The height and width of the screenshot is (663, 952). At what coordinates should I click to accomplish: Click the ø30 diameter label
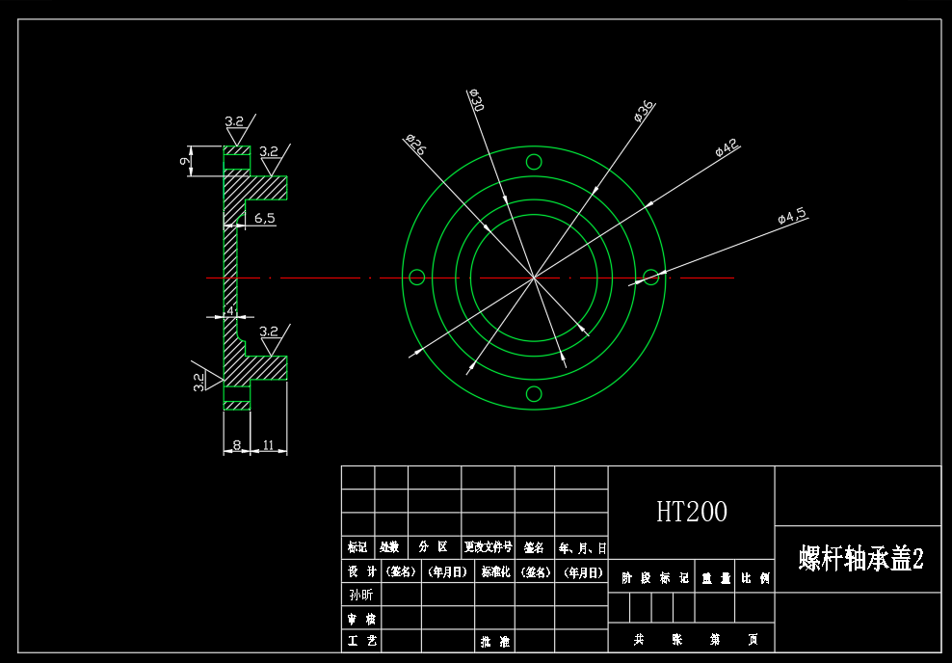[x=475, y=99]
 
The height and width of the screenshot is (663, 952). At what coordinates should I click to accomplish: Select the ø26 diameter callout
[x=416, y=146]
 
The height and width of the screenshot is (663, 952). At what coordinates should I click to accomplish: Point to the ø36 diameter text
[x=644, y=112]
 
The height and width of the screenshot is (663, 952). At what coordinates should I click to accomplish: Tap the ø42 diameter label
[x=727, y=147]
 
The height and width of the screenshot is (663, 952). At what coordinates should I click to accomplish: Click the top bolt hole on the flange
[x=534, y=162]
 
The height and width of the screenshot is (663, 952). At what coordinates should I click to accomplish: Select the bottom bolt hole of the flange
[x=534, y=393]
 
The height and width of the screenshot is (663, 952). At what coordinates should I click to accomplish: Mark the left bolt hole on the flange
[x=417, y=278]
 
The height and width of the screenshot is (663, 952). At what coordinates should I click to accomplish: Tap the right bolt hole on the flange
[x=651, y=278]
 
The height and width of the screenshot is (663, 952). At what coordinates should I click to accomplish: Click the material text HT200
[x=691, y=512]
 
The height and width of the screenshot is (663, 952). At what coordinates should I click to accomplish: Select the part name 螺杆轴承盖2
[x=859, y=559]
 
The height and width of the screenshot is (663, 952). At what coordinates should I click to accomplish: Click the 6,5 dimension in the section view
[x=264, y=219]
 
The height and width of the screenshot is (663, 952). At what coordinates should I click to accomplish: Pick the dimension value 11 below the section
[x=269, y=445]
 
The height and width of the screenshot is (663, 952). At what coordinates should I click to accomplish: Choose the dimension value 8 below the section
[x=236, y=445]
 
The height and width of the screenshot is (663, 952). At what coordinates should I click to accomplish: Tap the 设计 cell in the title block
[x=359, y=571]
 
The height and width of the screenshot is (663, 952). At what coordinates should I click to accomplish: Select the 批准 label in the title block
[x=494, y=641]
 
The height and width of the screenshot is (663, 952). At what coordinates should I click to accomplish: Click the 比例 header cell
[x=754, y=578]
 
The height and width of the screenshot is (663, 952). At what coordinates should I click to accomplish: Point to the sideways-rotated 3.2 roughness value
[x=199, y=382]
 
